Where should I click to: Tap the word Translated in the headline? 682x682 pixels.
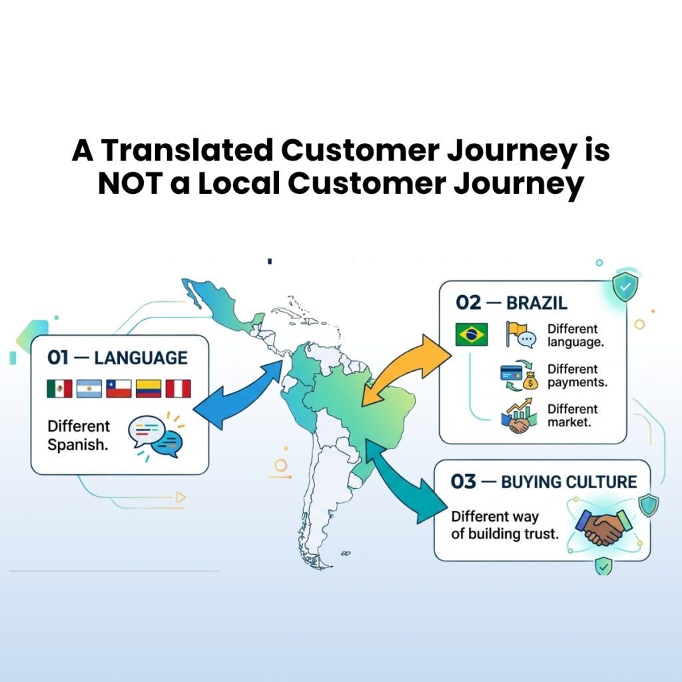pos(186,151)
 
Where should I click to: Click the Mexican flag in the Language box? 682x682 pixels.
pos(59,388)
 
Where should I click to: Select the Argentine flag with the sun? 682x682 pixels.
pos(89,388)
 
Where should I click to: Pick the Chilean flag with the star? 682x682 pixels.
pos(119,388)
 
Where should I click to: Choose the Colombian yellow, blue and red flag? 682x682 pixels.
pos(149,388)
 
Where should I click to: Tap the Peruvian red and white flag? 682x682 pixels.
pos(178,388)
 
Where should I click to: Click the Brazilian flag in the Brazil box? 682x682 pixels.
pos(472,334)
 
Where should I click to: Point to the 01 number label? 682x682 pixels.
pos(58,358)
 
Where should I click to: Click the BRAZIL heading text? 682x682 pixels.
pos(537,303)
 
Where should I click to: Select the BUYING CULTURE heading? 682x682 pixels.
pos(569,482)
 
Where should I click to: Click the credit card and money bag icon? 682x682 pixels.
pos(519,376)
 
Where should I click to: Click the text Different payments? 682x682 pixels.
pos(577,376)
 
